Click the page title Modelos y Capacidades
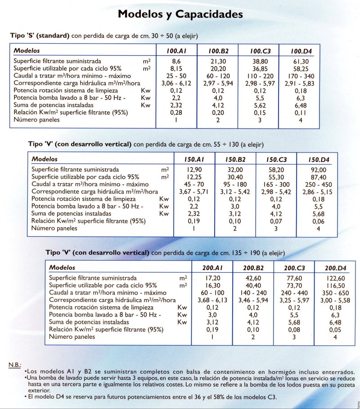[180, 14]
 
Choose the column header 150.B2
[235, 160]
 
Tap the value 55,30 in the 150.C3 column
[276, 177]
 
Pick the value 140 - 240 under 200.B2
[252, 293]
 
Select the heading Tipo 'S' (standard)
[40, 36]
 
